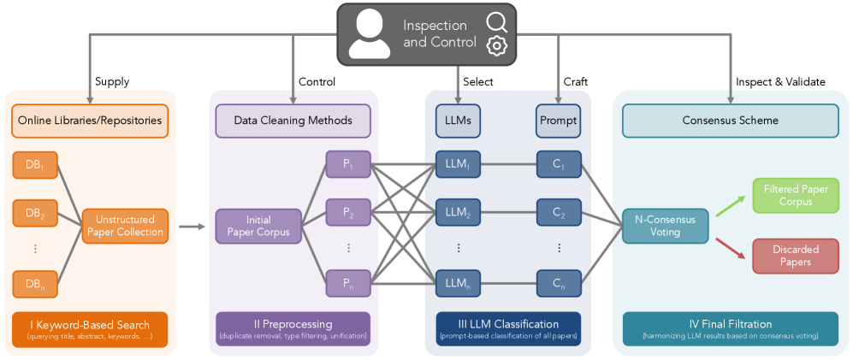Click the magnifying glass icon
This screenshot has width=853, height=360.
click(495, 21)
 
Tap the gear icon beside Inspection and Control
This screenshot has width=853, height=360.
click(495, 46)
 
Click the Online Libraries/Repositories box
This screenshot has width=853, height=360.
click(90, 121)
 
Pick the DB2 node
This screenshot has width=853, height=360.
click(35, 213)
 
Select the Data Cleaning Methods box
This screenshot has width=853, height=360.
click(293, 121)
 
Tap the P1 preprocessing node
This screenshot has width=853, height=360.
click(347, 164)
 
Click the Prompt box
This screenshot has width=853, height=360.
click(558, 121)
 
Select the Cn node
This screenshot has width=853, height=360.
click(559, 282)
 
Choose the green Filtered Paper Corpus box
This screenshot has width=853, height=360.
click(795, 196)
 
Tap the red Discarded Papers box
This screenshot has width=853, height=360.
click(795, 256)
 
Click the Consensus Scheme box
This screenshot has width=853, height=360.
click(730, 121)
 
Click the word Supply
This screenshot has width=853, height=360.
click(112, 82)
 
